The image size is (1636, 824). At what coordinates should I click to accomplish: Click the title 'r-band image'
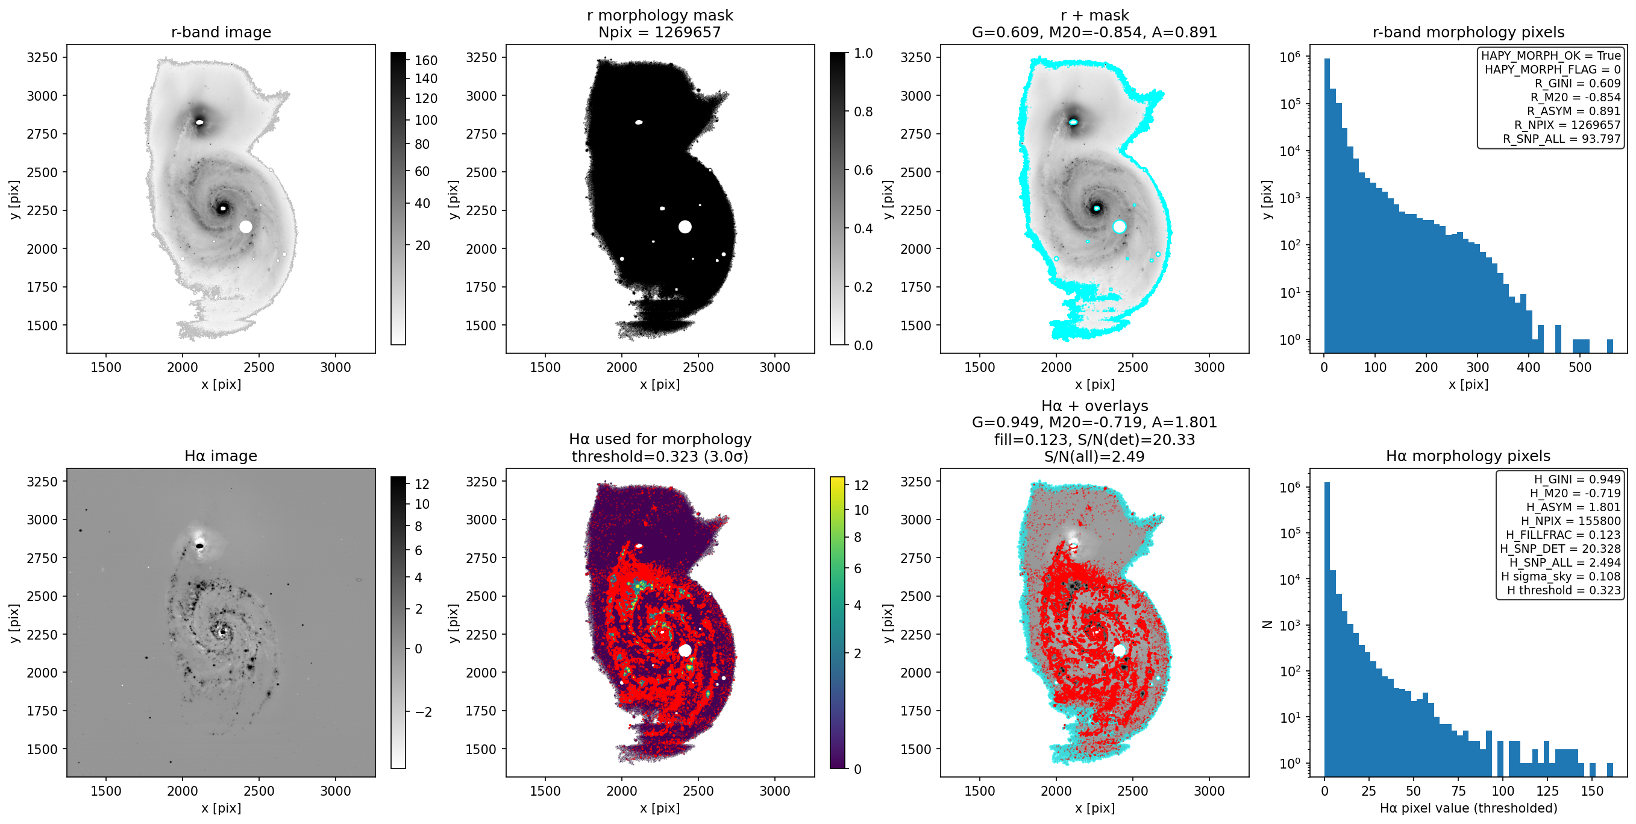coord(221,32)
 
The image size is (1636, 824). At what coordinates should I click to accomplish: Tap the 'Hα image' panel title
coord(221,456)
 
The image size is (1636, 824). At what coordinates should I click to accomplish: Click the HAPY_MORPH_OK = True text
coord(1551,55)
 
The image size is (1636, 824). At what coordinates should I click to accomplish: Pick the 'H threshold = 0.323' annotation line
coord(1564,590)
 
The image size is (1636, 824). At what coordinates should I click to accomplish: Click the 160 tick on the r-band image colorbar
coord(426,60)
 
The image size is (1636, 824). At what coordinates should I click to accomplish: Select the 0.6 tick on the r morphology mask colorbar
coord(863,169)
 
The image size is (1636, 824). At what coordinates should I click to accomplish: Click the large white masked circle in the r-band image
coord(246,227)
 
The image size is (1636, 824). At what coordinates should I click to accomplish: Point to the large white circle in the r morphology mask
coord(685,227)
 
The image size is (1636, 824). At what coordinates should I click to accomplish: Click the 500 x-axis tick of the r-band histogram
coord(1579,367)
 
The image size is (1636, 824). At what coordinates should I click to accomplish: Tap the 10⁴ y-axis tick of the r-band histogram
coord(1290,151)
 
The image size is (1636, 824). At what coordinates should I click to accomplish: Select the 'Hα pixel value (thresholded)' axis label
coord(1468,808)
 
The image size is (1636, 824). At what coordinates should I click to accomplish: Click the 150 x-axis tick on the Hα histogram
coord(1592,791)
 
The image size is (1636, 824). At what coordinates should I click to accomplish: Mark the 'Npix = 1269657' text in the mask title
coord(660,32)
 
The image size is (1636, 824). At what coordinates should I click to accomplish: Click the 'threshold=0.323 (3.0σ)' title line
coord(660,456)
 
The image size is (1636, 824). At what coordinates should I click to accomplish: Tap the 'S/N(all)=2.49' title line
coord(1094,456)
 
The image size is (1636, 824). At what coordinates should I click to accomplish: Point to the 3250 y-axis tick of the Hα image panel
coord(42,481)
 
